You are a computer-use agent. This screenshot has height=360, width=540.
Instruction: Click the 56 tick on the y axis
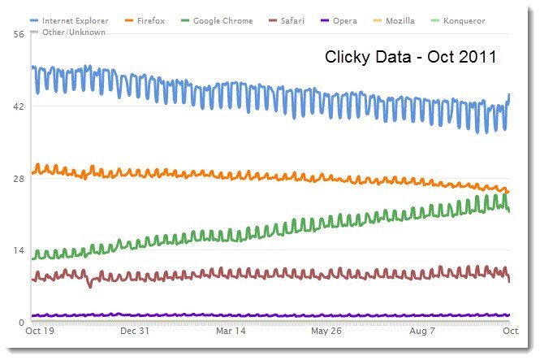tap(17, 34)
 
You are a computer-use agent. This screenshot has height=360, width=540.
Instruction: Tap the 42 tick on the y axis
tap(17, 106)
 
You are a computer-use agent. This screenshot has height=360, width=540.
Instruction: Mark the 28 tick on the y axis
tap(17, 178)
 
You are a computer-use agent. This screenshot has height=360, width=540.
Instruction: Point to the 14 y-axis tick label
tap(17, 250)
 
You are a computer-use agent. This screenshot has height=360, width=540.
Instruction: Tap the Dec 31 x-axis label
tap(136, 332)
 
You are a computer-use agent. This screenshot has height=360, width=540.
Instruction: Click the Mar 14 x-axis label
tap(230, 332)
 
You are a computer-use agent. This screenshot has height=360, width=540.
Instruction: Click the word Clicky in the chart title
tap(347, 58)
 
